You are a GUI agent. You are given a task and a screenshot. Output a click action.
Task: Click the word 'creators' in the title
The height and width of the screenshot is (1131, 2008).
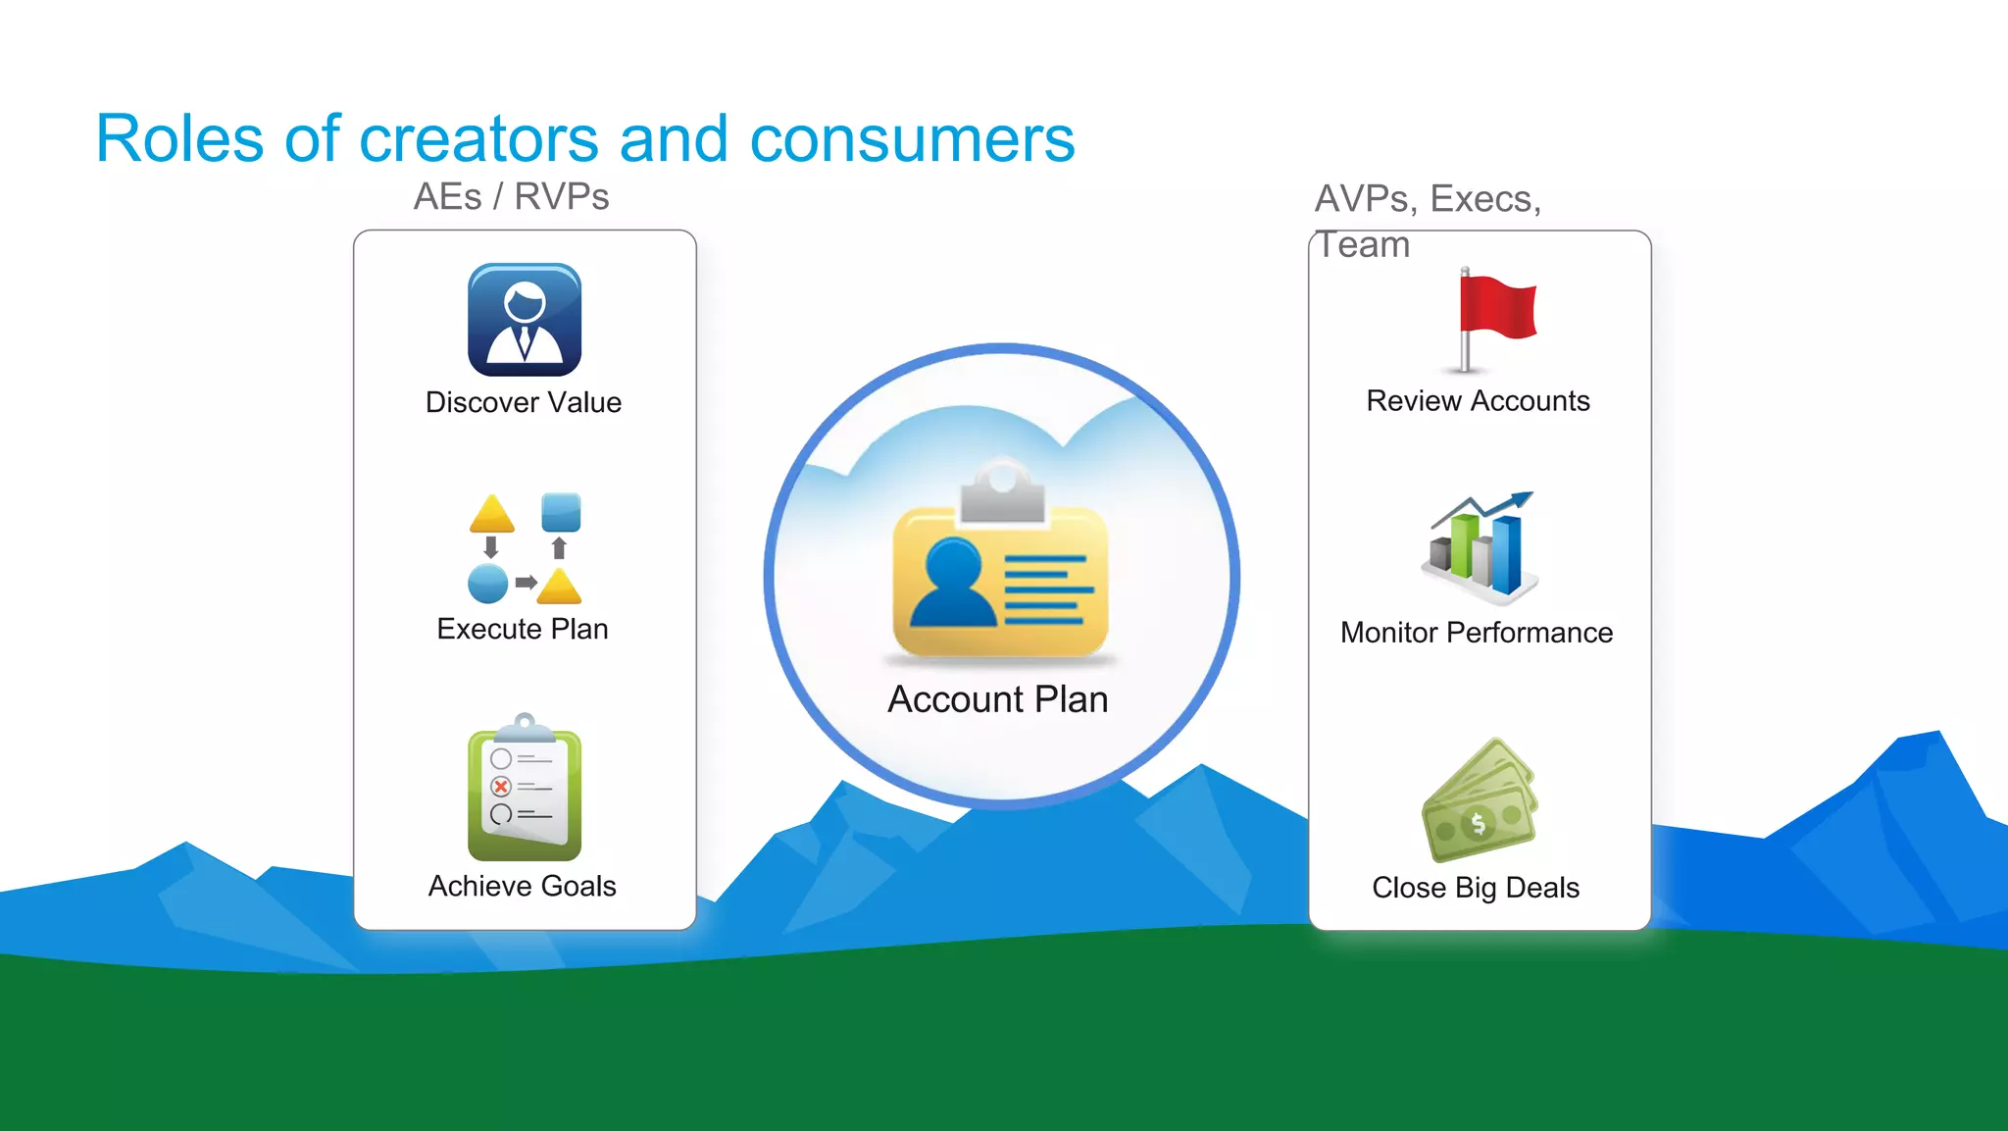(478, 138)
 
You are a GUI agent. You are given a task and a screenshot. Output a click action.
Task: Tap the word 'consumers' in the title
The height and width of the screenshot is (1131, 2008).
(912, 138)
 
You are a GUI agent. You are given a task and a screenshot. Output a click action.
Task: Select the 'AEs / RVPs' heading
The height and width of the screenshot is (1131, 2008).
(511, 197)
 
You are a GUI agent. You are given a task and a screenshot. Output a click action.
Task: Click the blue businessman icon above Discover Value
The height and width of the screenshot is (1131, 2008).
(525, 320)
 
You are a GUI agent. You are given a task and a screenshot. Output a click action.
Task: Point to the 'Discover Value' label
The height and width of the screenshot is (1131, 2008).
(524, 402)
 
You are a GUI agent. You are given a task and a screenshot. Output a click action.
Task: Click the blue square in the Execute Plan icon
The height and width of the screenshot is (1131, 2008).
(561, 512)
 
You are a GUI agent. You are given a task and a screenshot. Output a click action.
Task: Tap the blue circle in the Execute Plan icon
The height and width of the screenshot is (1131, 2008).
(488, 584)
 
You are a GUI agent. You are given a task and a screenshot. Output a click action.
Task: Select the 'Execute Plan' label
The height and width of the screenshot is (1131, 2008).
(523, 629)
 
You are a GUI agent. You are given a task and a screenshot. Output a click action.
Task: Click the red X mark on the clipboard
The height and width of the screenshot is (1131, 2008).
(501, 787)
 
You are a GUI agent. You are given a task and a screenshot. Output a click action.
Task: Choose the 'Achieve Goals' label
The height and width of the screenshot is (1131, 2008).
(523, 886)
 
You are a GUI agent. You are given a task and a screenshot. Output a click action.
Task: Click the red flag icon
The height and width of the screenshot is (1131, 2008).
(1496, 309)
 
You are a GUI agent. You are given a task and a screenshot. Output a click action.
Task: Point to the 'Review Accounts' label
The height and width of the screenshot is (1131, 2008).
(1478, 400)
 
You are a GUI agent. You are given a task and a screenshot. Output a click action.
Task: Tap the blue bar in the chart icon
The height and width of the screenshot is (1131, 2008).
(1507, 554)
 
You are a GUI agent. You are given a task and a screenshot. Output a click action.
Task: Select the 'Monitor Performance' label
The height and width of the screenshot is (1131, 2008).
(1477, 633)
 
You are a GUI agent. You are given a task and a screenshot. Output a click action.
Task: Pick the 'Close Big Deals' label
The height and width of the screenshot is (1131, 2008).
(1476, 888)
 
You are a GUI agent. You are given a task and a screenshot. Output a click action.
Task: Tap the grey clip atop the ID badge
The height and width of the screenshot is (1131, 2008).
(1002, 494)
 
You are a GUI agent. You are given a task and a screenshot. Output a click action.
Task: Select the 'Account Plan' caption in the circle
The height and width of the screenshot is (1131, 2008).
(998, 699)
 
